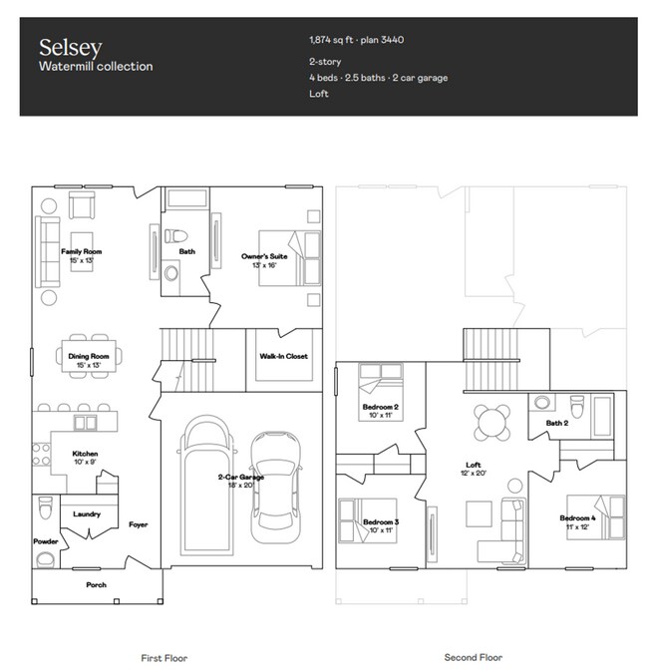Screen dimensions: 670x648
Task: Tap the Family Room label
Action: coord(82,252)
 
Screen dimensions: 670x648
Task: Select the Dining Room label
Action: coord(89,356)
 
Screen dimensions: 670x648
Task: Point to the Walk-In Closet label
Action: coord(284,356)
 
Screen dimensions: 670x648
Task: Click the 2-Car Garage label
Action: coord(240,478)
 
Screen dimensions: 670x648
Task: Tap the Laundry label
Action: coord(88,513)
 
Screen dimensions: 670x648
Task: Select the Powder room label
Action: coord(46,541)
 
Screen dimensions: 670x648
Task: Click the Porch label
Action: coord(96,584)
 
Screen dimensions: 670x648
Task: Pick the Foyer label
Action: coord(138,524)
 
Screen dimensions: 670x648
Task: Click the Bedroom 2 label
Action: coord(381,407)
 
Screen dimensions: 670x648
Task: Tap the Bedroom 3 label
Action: coord(381,521)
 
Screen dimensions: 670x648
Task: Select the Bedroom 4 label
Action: coord(577,517)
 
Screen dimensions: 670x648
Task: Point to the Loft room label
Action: coord(474,465)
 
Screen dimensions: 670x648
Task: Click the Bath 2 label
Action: coord(556,424)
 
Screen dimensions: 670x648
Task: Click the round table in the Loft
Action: coord(489,421)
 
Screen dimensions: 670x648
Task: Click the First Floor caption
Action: coord(163,657)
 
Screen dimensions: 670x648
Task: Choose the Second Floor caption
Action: coord(473,657)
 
